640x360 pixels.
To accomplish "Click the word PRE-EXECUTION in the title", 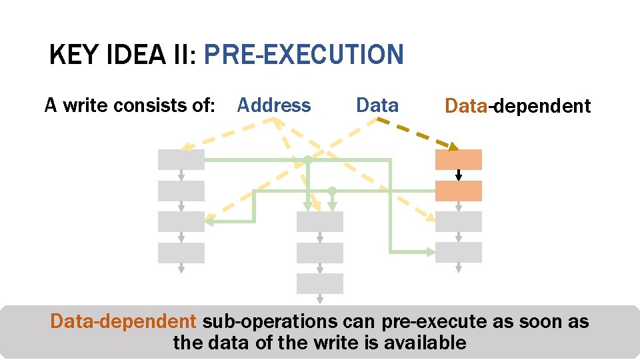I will click(303, 55).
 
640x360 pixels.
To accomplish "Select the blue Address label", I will click(274, 105).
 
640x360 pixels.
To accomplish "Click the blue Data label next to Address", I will click(377, 105).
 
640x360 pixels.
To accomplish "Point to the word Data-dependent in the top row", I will click(517, 106).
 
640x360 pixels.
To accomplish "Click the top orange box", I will click(459, 159).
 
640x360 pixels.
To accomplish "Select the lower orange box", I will click(459, 191).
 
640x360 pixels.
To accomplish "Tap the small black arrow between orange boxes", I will click(459, 175).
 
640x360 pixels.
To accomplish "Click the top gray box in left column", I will click(181, 159).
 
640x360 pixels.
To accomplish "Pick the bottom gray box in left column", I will click(181, 253).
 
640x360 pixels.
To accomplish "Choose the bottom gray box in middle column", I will click(320, 283).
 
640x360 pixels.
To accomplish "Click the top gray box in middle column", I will click(320, 221).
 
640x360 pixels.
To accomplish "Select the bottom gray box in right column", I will click(459, 252).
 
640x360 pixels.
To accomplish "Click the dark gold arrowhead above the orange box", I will click(453, 146).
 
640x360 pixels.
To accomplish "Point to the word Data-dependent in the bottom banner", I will click(123, 321).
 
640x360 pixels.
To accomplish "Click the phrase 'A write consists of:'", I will click(129, 105).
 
